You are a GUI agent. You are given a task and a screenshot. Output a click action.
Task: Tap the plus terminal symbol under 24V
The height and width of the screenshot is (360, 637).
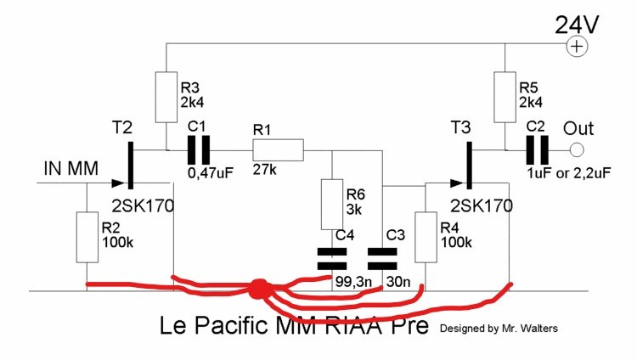[x=578, y=47]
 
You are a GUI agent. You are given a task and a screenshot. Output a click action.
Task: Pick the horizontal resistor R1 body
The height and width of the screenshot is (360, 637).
[x=277, y=151]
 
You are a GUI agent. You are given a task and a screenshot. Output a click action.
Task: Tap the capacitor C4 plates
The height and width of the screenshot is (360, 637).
[x=331, y=258]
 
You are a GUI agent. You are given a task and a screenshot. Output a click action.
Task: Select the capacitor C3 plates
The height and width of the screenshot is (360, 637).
[x=385, y=258]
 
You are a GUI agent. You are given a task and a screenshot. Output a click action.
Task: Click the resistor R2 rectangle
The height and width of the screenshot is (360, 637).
[x=88, y=236]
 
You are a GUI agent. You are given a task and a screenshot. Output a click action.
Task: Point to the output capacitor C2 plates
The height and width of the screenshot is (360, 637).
[x=536, y=151]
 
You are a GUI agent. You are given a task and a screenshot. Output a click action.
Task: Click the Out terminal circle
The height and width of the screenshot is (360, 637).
[x=577, y=151]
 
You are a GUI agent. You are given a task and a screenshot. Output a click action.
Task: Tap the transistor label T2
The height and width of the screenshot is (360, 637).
[x=122, y=127]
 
